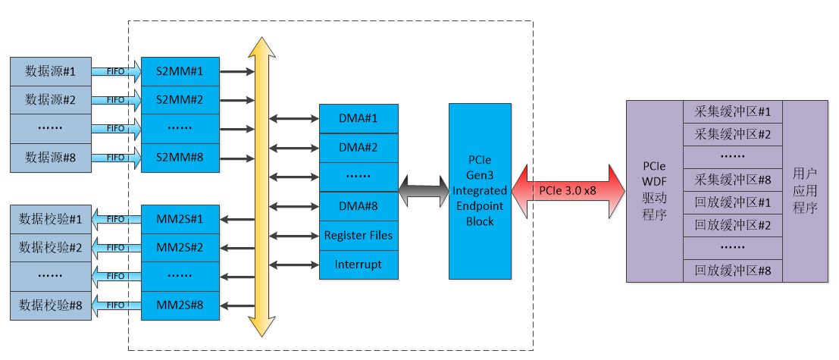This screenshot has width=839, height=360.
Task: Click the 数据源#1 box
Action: pos(51,71)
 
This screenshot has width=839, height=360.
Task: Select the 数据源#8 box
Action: pos(51,158)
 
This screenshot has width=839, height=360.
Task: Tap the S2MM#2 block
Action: pos(180,100)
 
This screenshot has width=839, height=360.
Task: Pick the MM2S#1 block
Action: pos(180,218)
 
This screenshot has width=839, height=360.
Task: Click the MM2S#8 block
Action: pos(180,305)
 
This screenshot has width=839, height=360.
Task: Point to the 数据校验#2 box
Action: pos(51,247)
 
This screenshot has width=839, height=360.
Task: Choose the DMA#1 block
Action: pos(358,118)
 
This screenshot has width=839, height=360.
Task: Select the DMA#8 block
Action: pos(358,205)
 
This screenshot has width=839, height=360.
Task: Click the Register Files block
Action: pos(358,235)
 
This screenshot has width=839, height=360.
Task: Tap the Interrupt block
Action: pos(358,265)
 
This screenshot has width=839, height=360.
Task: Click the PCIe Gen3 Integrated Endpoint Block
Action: pos(481,192)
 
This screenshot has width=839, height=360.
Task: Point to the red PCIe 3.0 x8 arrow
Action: pos(562,192)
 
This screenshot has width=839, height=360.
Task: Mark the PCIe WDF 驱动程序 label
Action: pos(654,192)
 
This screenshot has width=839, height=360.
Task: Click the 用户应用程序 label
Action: pos(805,192)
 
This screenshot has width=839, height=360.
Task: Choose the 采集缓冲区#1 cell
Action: pos(732,112)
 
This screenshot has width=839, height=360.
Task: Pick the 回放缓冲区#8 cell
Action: pos(732,270)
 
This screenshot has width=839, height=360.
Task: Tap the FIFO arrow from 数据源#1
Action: pos(116,72)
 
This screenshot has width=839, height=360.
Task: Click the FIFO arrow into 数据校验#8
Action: pos(116,305)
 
